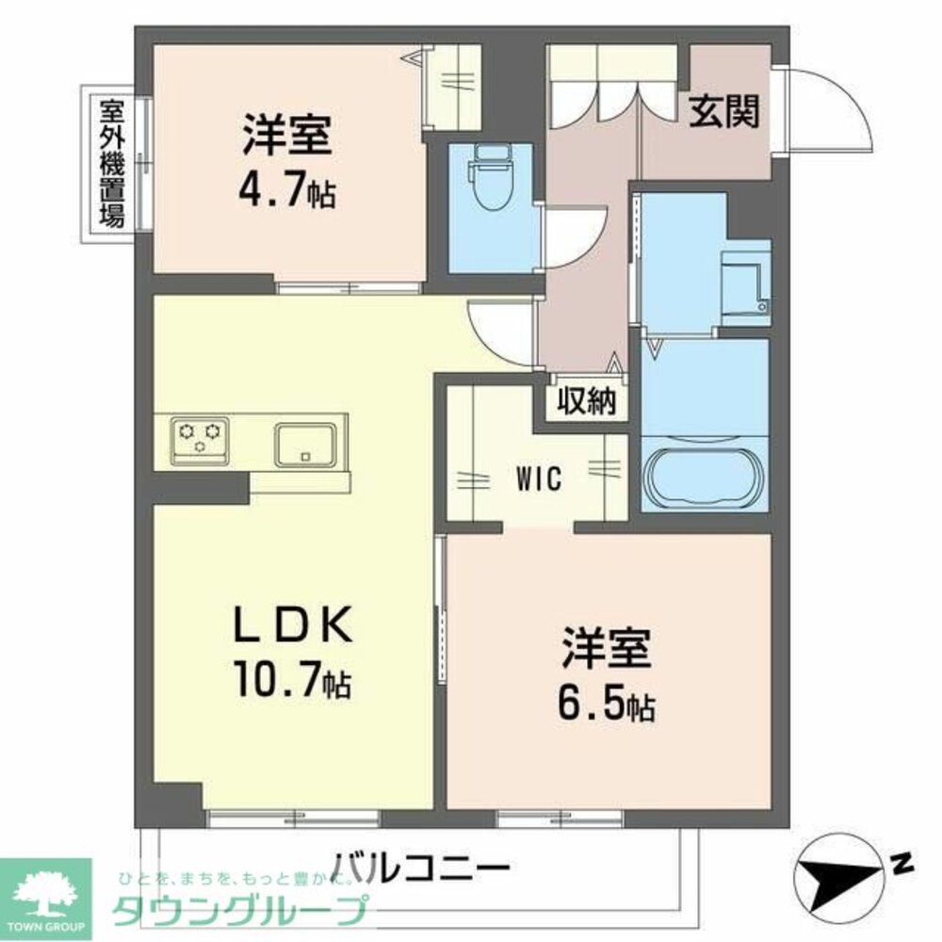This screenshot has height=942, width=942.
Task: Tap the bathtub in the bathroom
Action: tap(704, 476)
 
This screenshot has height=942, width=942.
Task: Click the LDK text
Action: tap(292, 624)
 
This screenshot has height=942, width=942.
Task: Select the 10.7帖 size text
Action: tap(292, 678)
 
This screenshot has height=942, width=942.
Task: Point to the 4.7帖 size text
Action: tap(287, 191)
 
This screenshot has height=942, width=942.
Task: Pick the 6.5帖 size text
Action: tap(607, 702)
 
